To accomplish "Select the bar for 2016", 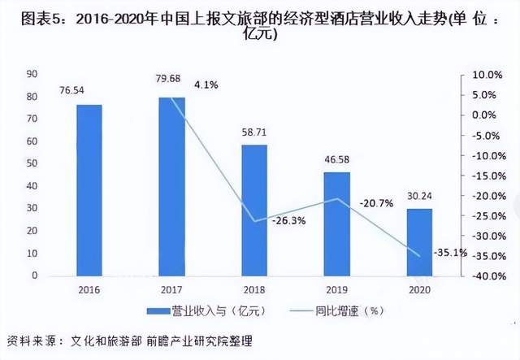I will [x=89, y=190].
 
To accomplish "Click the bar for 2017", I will [x=171, y=186].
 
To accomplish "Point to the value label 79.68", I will [x=171, y=79].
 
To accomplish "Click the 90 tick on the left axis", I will [x=32, y=74].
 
